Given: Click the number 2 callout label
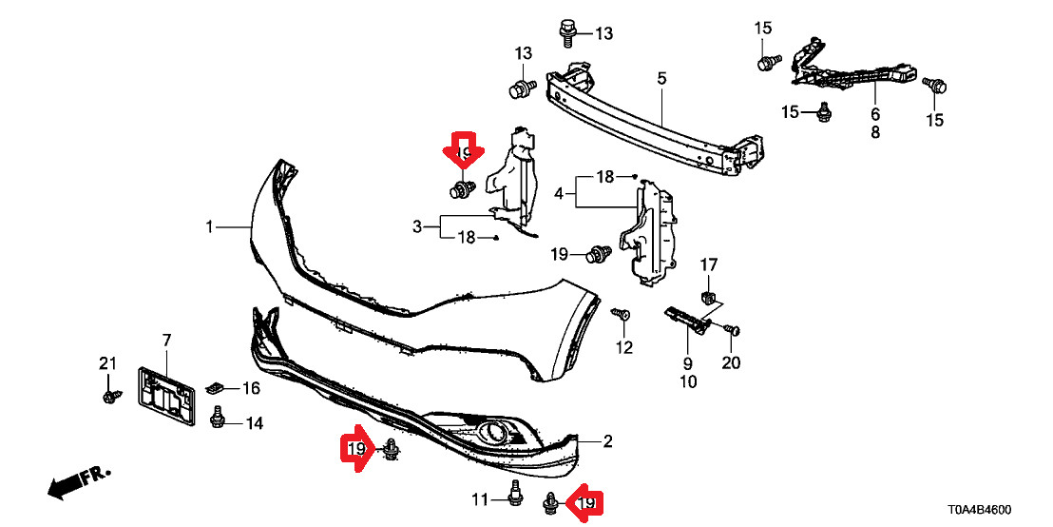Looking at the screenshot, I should pos(608,440).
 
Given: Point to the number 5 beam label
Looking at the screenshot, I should pos(662,78).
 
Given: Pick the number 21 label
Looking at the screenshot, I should pos(107,361).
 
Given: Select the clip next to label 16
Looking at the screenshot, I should pos(215,387).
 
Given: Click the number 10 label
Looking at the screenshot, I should pos(687,382).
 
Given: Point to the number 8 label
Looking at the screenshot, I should pos(875,133).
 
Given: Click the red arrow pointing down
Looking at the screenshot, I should pos(464,152).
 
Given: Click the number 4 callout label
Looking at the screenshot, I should pos(559,193).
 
